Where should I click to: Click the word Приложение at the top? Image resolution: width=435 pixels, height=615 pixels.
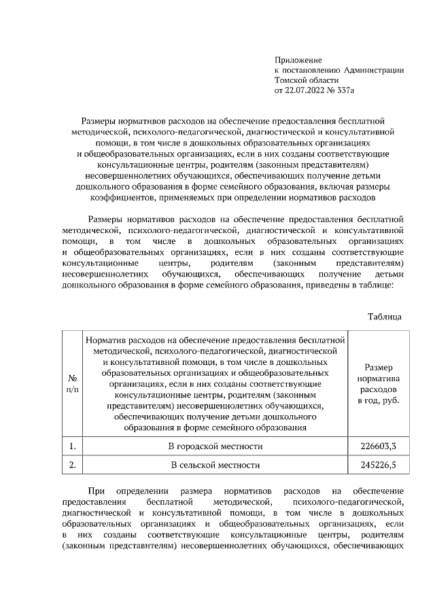click(298, 60)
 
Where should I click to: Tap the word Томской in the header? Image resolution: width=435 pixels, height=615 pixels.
click(290, 80)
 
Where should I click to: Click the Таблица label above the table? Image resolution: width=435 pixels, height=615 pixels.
click(384, 317)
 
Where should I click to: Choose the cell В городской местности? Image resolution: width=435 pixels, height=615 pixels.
click(215, 446)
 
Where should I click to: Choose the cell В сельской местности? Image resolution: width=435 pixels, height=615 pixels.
click(215, 465)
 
